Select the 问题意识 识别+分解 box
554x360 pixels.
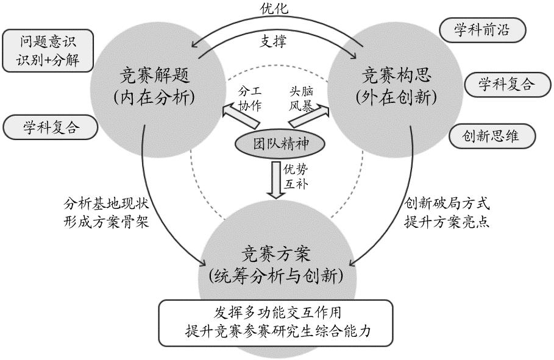click(48, 51)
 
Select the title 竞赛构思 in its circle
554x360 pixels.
click(397, 76)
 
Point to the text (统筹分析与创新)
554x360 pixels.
click(276, 275)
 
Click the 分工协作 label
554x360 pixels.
click(249, 98)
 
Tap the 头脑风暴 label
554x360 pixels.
click(301, 98)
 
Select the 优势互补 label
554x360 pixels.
click(297, 177)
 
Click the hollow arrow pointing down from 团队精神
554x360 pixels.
click(277, 180)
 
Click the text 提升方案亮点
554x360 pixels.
click(447, 221)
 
